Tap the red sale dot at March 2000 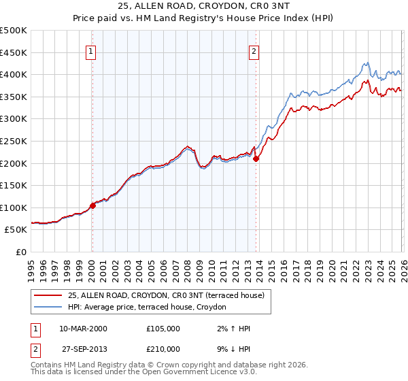(93, 206)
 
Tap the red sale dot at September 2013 (256, 159)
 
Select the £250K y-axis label (14, 141)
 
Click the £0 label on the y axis (20, 252)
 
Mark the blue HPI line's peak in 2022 (367, 62)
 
